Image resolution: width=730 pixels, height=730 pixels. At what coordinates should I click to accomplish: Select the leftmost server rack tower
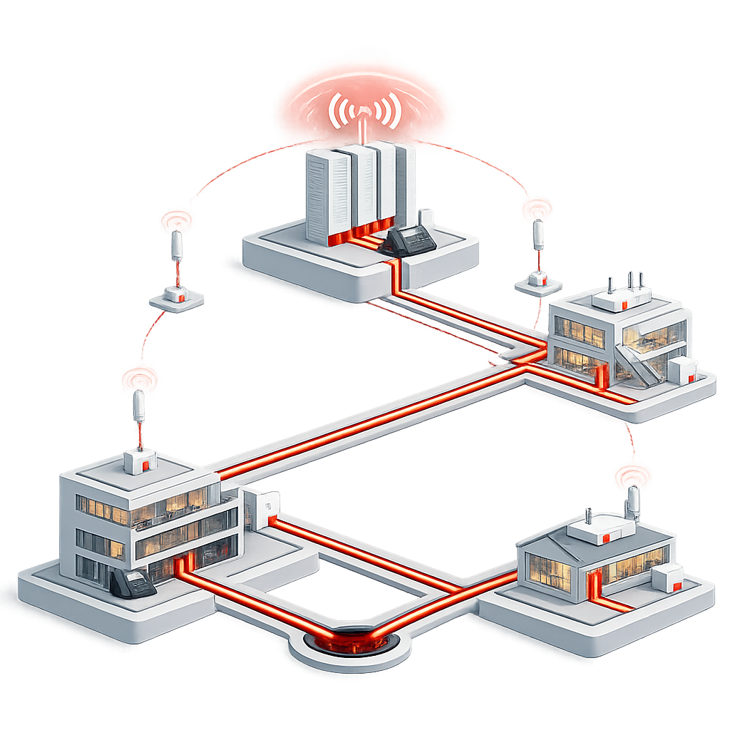coord(327,196)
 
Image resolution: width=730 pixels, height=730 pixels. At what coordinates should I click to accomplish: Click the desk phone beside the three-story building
coord(132,583)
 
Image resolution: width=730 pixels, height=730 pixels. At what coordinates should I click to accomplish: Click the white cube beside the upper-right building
coord(682,370)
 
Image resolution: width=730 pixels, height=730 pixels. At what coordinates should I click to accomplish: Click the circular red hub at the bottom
coord(350,639)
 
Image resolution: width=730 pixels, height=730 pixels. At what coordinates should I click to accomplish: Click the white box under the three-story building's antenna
coord(140,461)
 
